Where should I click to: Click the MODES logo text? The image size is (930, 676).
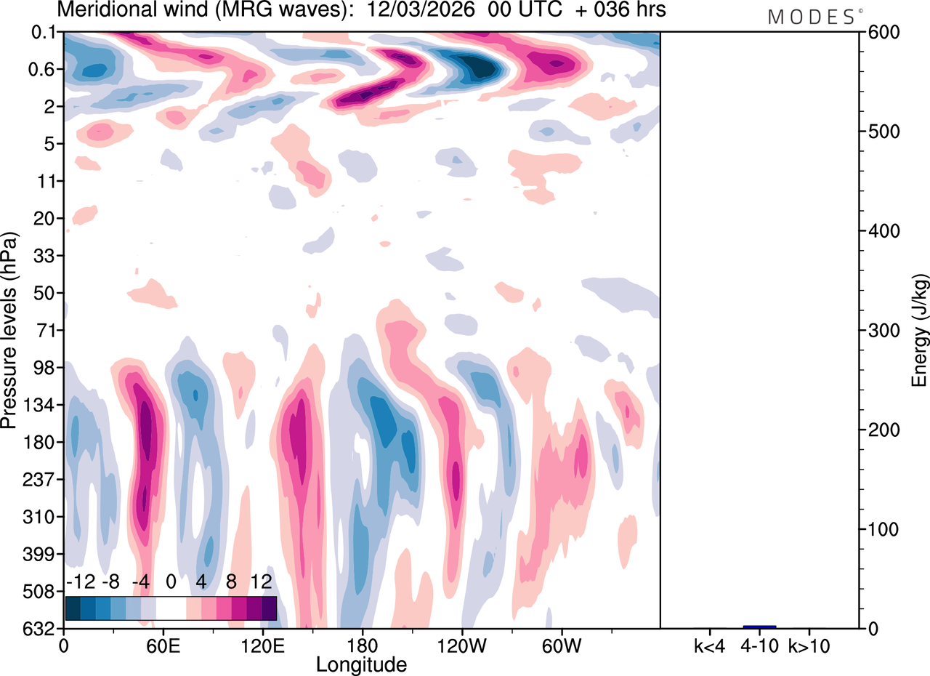[812, 17]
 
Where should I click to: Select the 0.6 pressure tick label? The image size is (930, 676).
[44, 70]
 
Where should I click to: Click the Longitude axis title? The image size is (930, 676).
[361, 663]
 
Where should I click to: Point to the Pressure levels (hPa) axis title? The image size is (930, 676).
[9, 331]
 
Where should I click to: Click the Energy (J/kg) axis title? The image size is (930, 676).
[919, 331]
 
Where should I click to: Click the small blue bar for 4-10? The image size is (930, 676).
[759, 627]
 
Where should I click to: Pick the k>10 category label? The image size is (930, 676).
[809, 645]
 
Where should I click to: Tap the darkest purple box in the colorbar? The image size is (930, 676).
[269, 608]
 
